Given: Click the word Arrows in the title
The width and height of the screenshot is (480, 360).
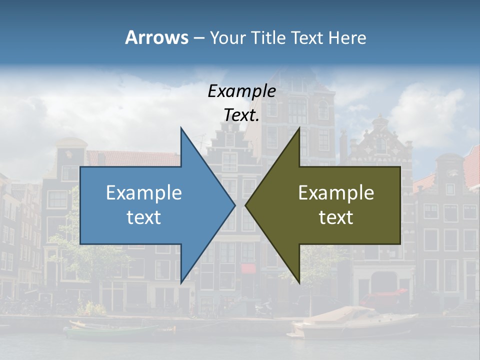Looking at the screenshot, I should pos(156,37).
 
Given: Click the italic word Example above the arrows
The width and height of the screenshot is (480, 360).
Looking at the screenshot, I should pos(241,91).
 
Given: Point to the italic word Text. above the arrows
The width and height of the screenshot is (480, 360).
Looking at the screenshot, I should pos(241,115).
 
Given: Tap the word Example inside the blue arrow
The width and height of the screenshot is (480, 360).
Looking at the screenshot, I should pos(144,193).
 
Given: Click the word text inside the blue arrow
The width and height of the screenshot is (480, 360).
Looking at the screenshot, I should pos(144,217).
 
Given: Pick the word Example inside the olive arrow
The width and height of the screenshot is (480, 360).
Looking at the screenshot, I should pos(336,193).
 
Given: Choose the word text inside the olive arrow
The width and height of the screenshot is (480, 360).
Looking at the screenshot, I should pos(336,217).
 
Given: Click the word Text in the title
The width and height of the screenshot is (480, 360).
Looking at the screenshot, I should pos(306,37).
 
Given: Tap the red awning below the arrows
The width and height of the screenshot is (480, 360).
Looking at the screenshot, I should pos(248,268).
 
